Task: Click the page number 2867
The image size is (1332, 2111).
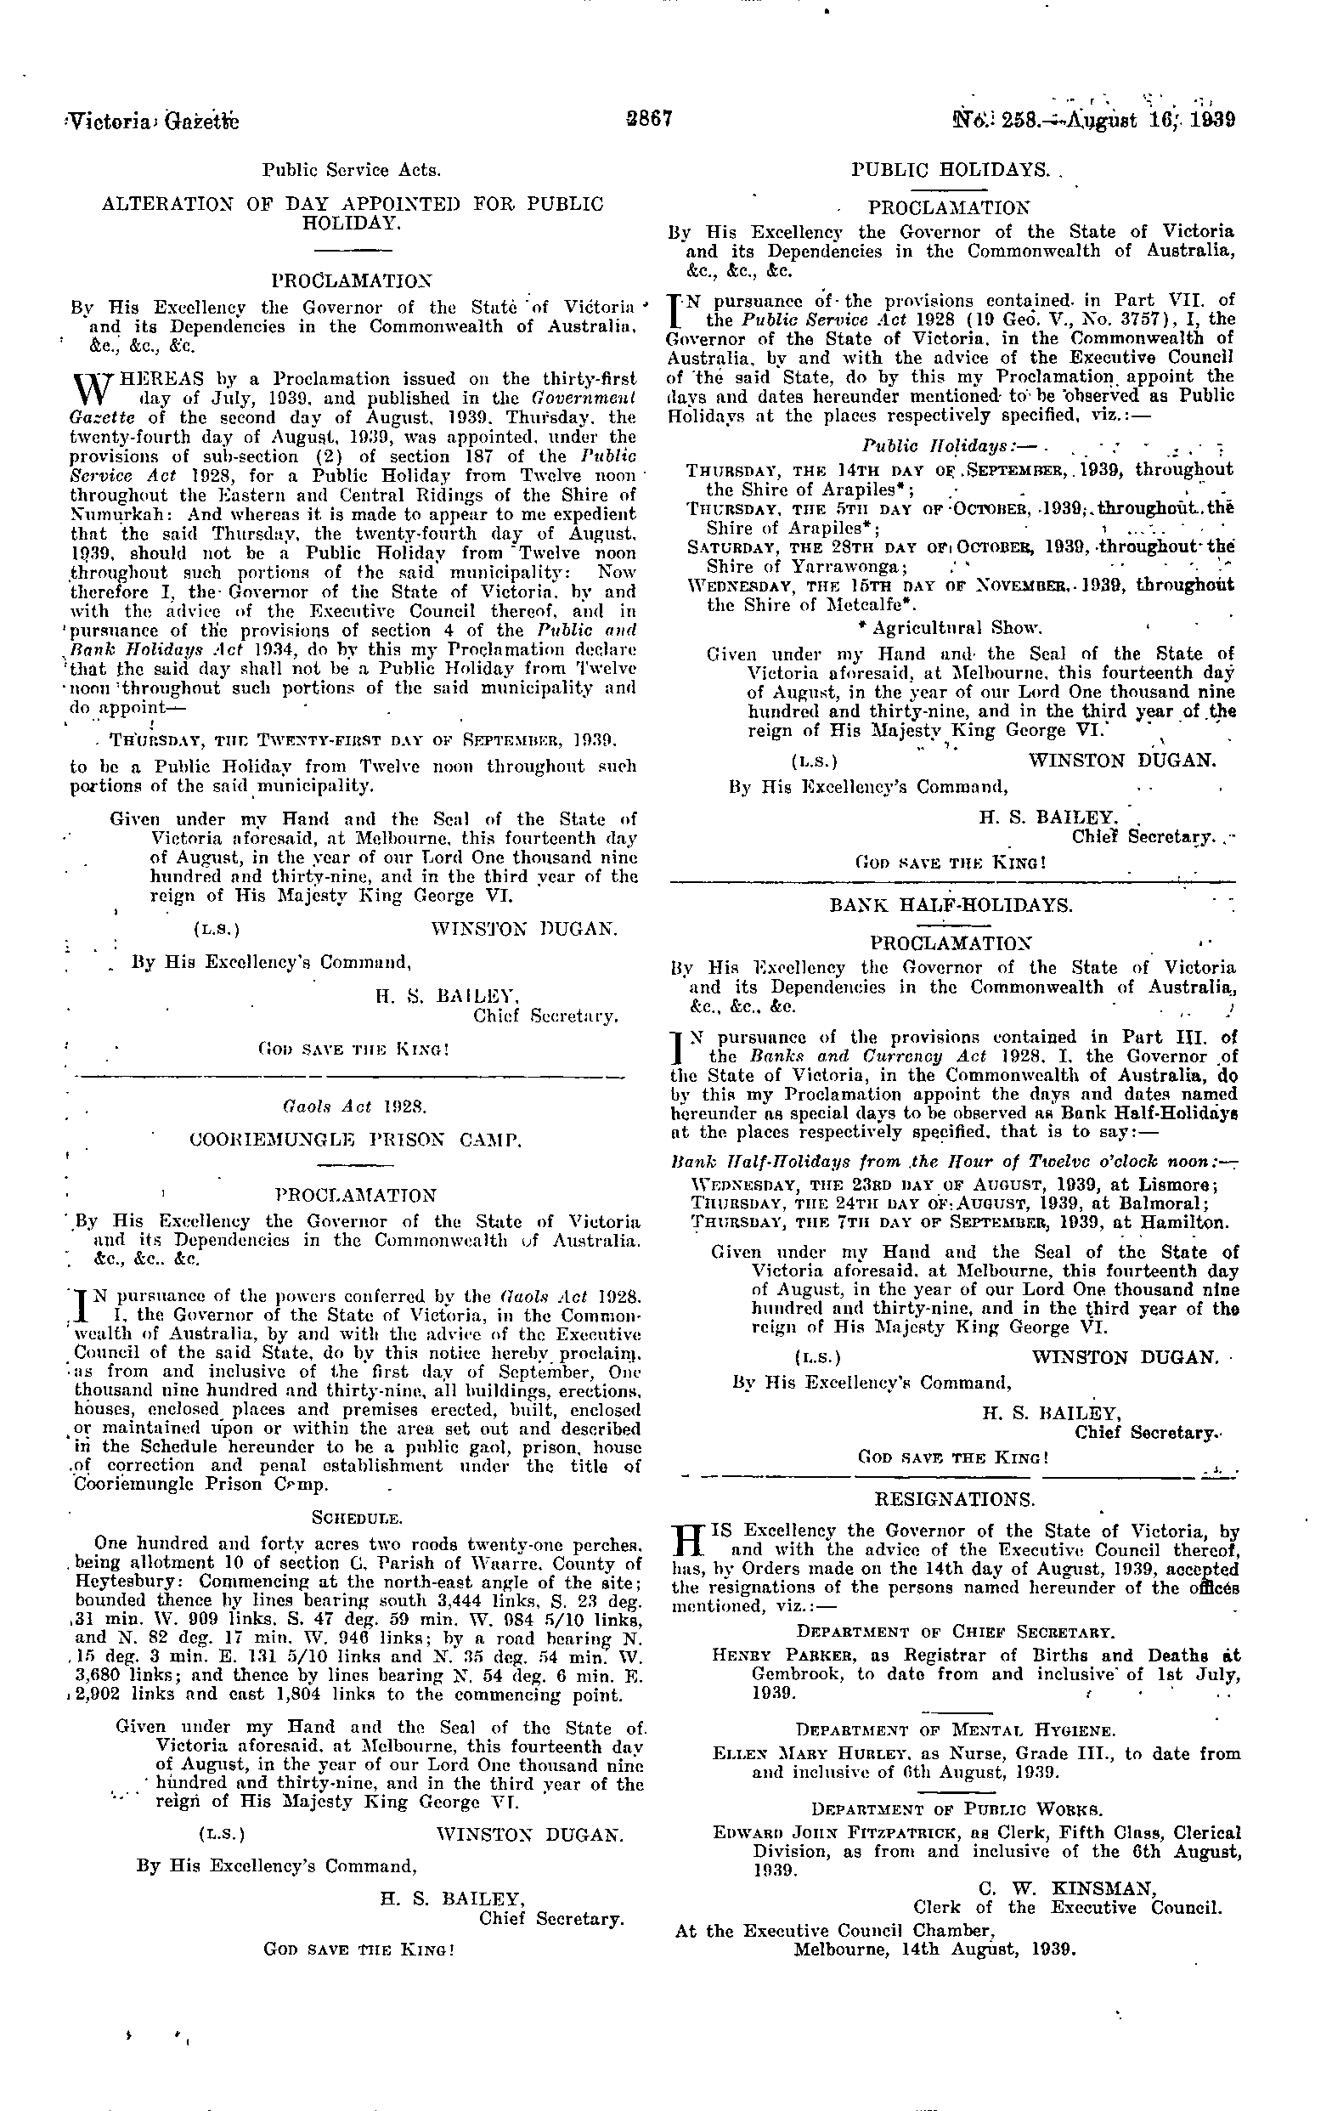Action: (x=648, y=117)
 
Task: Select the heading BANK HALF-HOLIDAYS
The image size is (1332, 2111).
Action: (x=951, y=906)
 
